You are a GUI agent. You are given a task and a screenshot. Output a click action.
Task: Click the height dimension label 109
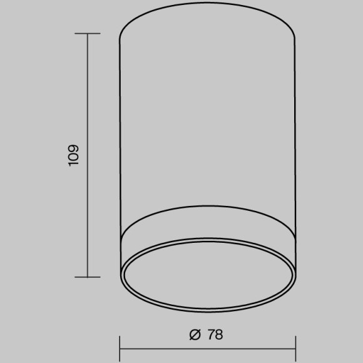(73, 155)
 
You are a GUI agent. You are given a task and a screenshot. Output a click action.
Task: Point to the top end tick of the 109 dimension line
(87, 33)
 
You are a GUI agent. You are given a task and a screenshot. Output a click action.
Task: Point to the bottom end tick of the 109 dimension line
(87, 277)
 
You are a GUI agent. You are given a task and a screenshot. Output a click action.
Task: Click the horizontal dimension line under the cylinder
(207, 349)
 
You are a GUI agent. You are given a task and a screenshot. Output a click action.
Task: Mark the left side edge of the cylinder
(120, 156)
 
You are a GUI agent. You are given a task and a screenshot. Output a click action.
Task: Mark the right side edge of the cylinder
(295, 156)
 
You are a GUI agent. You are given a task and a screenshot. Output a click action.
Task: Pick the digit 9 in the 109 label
(73, 148)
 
